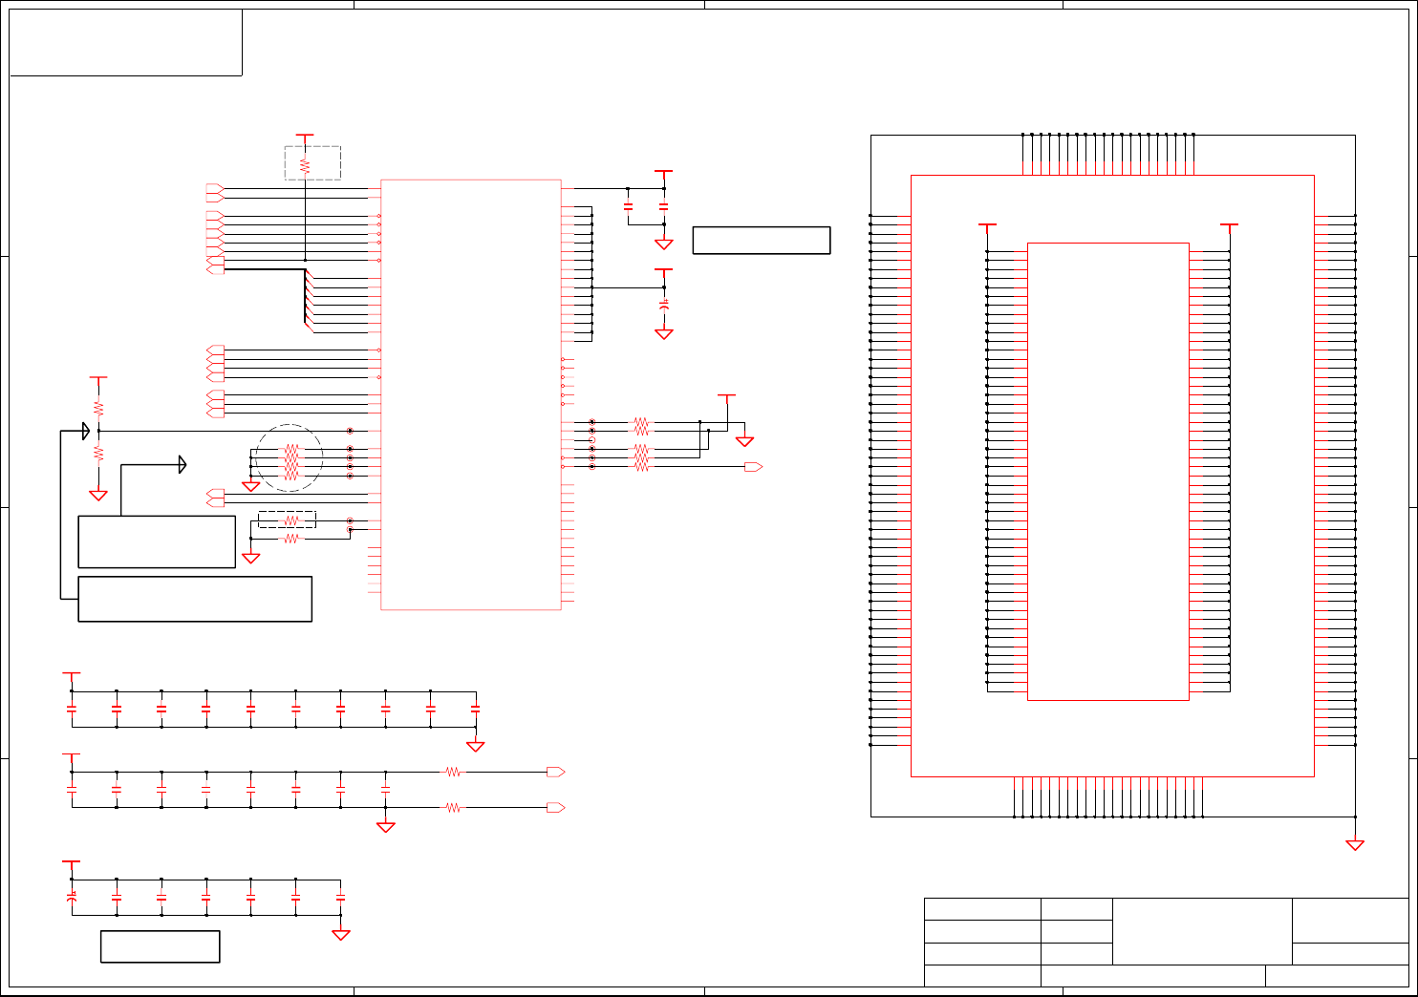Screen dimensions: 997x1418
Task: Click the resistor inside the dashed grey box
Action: click(305, 165)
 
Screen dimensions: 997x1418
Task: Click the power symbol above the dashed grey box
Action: click(305, 137)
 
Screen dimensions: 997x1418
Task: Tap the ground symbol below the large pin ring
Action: click(1355, 844)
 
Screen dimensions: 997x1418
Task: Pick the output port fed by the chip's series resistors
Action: click(753, 467)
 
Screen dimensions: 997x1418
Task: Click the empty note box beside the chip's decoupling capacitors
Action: click(761, 240)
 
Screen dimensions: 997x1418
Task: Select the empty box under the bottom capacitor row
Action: click(160, 946)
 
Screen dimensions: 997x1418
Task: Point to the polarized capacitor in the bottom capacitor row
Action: click(72, 898)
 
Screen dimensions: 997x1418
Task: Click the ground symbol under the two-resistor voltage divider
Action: click(98, 496)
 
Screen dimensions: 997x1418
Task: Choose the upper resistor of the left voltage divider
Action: click(98, 408)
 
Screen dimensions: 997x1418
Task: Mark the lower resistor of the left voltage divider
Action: click(98, 454)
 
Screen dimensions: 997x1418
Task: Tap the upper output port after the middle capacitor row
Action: click(555, 772)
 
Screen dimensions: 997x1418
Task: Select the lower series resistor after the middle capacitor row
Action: click(453, 808)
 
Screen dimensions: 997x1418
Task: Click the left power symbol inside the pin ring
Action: click(988, 226)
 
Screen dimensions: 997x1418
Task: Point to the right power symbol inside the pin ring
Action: click(1230, 226)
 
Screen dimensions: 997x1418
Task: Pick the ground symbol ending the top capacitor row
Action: click(475, 747)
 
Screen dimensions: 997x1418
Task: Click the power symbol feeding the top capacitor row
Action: click(72, 674)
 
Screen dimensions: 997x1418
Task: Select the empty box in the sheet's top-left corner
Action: click(125, 42)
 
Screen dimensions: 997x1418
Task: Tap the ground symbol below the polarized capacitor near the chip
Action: click(664, 334)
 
